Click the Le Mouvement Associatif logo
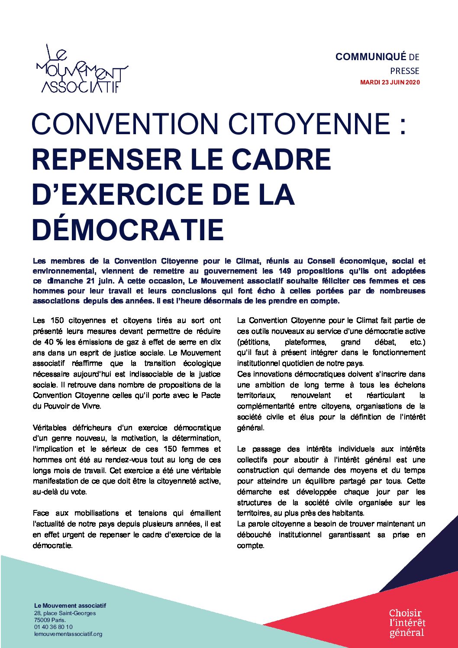click(82, 70)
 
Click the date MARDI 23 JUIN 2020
click(390, 82)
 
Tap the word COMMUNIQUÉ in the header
click(371, 57)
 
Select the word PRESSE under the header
click(404, 71)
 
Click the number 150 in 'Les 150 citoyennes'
click(57, 320)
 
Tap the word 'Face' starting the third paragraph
click(41, 513)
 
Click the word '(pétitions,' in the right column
click(253, 342)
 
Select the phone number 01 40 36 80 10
click(53, 627)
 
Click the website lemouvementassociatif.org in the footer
click(68, 634)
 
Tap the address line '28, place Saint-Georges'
click(65, 613)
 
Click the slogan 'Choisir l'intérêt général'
click(407, 622)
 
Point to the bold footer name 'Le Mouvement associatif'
click(70, 606)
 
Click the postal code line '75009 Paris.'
click(50, 620)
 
